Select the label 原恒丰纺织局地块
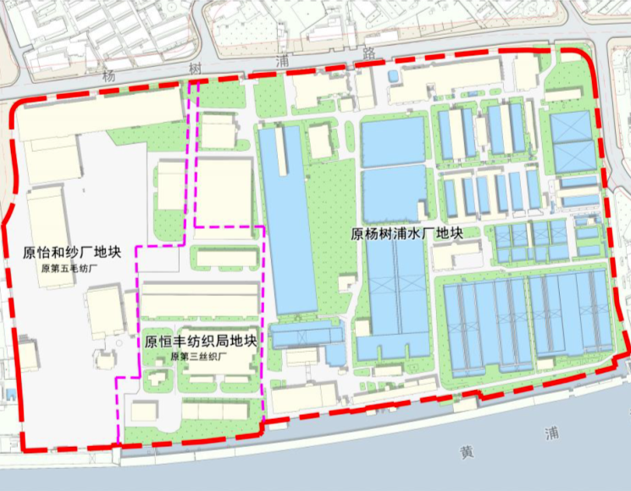point(201,342)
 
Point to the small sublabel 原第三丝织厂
point(200,357)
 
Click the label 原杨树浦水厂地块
point(406,234)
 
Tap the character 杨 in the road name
point(108,75)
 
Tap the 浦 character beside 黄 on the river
point(554,433)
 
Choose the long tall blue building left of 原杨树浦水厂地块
point(285,220)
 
